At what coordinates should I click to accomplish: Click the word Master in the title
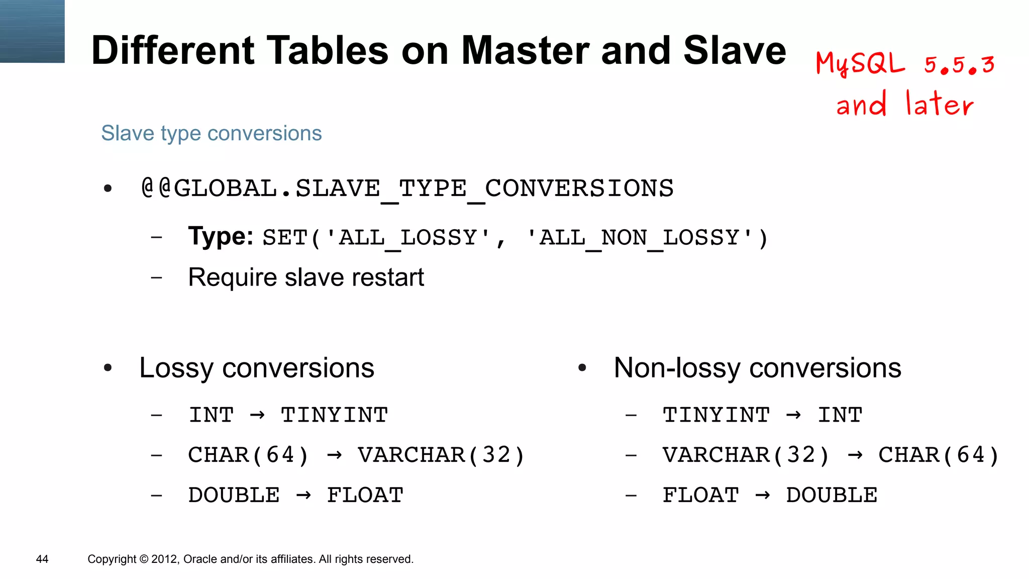pyautogui.click(x=525, y=51)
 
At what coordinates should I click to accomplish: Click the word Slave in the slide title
pyautogui.click(x=734, y=51)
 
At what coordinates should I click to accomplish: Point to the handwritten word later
pyautogui.click(x=940, y=104)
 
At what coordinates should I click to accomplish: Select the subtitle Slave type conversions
pyautogui.click(x=211, y=133)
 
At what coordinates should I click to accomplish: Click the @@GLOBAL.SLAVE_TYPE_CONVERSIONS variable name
pyautogui.click(x=407, y=189)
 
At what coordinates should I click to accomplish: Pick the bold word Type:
pyautogui.click(x=221, y=236)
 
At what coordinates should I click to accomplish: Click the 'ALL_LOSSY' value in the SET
pyautogui.click(x=408, y=238)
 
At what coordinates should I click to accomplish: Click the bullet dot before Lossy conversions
pyautogui.click(x=108, y=368)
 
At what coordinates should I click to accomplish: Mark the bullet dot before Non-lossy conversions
pyautogui.click(x=582, y=368)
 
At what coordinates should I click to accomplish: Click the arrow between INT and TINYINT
pyautogui.click(x=257, y=415)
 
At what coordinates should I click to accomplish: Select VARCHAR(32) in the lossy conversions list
pyautogui.click(x=441, y=455)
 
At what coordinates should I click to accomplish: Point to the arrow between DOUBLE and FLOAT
pyautogui.click(x=303, y=496)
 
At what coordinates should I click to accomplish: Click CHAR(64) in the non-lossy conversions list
pyautogui.click(x=939, y=455)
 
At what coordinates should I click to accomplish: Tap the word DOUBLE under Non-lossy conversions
pyautogui.click(x=832, y=496)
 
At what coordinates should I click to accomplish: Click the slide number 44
pyautogui.click(x=42, y=559)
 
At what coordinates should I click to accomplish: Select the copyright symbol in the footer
pyautogui.click(x=144, y=559)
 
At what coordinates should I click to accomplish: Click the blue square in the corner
pyautogui.click(x=32, y=31)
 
